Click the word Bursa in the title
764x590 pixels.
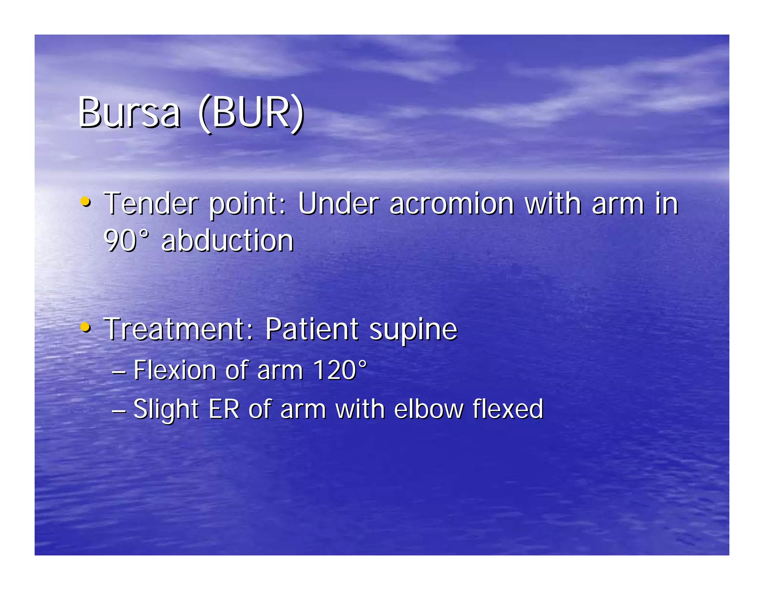pos(129,113)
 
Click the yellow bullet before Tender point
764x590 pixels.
pos(85,202)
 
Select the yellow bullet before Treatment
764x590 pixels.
pos(85,327)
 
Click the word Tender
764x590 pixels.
pos(151,204)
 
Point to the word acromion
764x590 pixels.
pos(451,204)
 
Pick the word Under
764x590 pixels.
pos(338,204)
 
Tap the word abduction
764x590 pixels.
pos(228,241)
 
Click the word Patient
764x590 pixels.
pos(312,329)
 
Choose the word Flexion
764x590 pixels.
pos(175,370)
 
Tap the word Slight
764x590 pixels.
pos(166,409)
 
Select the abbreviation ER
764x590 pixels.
pos(224,409)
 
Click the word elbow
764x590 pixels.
pos(429,409)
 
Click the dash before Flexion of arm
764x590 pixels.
pos(119,371)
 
